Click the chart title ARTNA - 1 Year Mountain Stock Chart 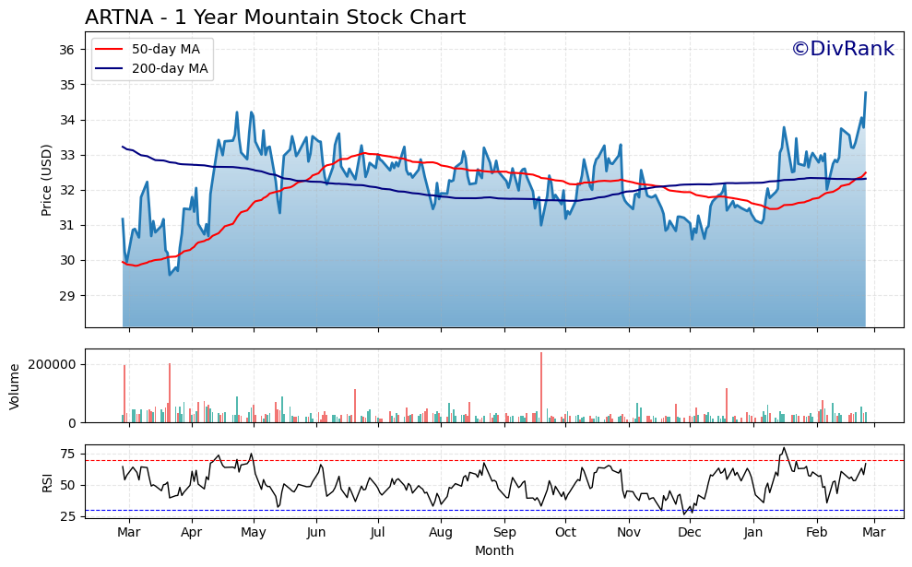[275, 18]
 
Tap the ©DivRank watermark [842, 49]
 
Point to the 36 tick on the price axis [67, 50]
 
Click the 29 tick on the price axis [67, 296]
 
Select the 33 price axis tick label [67, 155]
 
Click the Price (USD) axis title [46, 180]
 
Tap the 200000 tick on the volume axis [52, 364]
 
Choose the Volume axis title [14, 385]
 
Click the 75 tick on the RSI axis [67, 454]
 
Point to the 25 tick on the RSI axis [67, 516]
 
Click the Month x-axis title [494, 551]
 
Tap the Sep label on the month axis [504, 533]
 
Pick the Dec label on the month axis [690, 533]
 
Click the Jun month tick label [316, 533]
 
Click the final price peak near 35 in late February [865, 92]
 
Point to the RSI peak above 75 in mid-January [784, 449]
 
